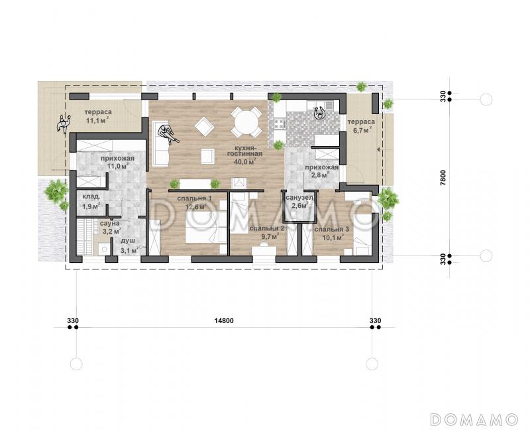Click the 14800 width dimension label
[x=224, y=321]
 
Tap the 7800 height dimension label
[x=443, y=177]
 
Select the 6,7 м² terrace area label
[x=361, y=129]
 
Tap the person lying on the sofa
[x=168, y=134]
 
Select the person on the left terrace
[x=63, y=124]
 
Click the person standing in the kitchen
[x=319, y=113]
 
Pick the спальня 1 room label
[x=195, y=198]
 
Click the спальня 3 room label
[x=332, y=230]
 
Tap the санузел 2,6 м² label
[x=299, y=202]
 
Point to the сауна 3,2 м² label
[x=110, y=228]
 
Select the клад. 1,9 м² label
[x=91, y=202]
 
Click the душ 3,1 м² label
[x=129, y=246]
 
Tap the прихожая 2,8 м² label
[x=321, y=171]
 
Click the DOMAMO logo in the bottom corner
[x=474, y=419]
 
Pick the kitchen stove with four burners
[x=280, y=124]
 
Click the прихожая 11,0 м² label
[x=117, y=162]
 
